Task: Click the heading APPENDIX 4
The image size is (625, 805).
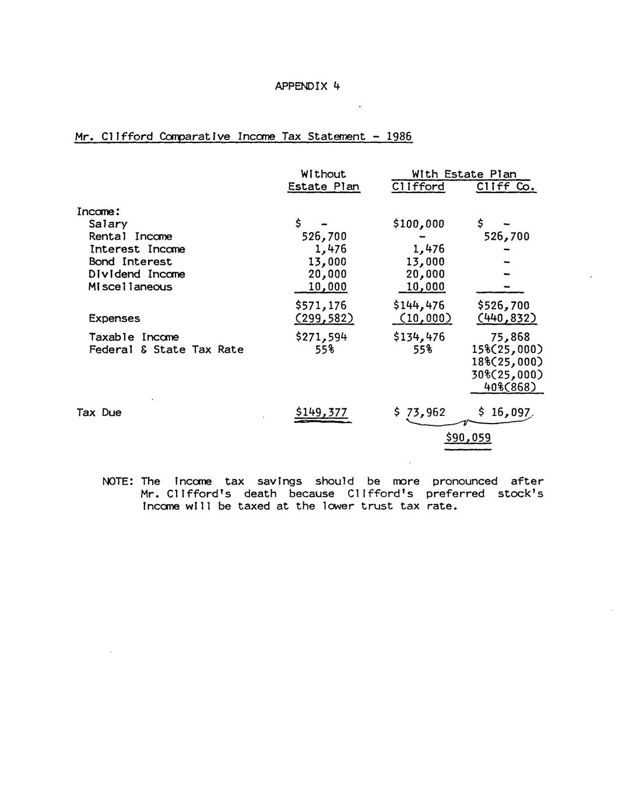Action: tap(307, 86)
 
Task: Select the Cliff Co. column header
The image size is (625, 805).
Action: tap(505, 187)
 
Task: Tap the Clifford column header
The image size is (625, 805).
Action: tap(418, 187)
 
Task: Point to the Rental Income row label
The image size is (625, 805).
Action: tap(130, 236)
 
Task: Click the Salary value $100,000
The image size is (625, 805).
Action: tap(419, 224)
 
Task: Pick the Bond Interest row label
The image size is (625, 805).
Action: tap(130, 262)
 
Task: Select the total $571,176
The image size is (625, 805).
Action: tap(321, 306)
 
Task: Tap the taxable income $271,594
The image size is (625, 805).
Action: tap(321, 337)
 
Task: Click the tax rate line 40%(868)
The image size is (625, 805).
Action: tap(510, 387)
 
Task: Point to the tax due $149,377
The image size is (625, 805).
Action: tap(321, 413)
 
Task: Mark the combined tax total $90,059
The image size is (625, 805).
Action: tap(468, 438)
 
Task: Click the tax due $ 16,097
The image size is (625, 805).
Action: tap(504, 412)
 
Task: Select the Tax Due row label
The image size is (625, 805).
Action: tap(99, 413)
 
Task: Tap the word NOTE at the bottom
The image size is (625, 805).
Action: tap(118, 481)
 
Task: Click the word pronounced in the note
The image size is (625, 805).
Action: tap(465, 481)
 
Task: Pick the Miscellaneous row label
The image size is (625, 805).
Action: tap(130, 287)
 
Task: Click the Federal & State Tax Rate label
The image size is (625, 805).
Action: tap(166, 350)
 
